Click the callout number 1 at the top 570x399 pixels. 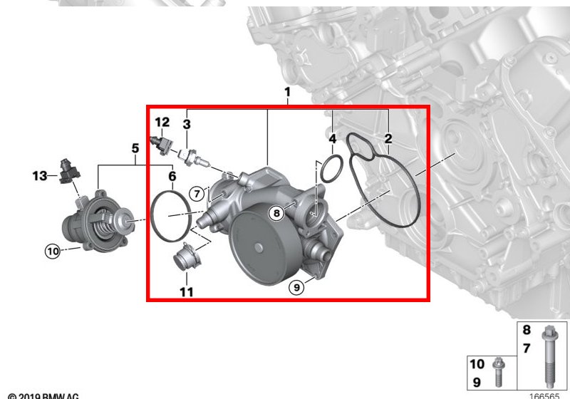pyautogui.click(x=287, y=93)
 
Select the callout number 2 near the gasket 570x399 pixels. pyautogui.click(x=388, y=138)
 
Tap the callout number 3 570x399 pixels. pyautogui.click(x=187, y=125)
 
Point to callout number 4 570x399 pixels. pyautogui.click(x=333, y=138)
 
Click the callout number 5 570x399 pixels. pyautogui.click(x=135, y=148)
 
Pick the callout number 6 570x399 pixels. pyautogui.click(x=172, y=176)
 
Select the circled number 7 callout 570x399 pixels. pyautogui.click(x=197, y=192)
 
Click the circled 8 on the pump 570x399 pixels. pyautogui.click(x=276, y=212)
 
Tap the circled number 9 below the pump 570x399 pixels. pyautogui.click(x=296, y=287)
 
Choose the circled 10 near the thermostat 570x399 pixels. pyautogui.click(x=53, y=250)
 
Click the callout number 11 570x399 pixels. pyautogui.click(x=186, y=292)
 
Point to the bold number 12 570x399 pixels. pyautogui.click(x=162, y=122)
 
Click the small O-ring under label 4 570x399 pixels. pyautogui.click(x=331, y=170)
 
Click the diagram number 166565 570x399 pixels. pyautogui.click(x=544, y=395)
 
